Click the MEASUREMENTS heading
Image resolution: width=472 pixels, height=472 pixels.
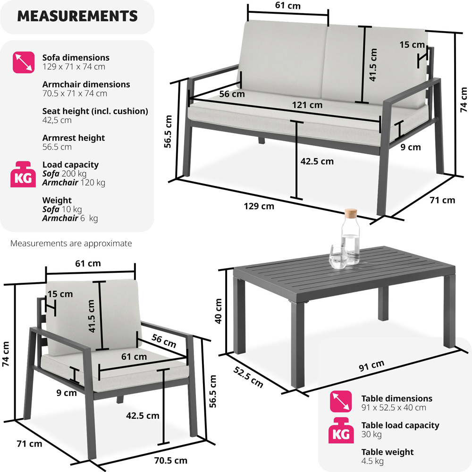point(77,16)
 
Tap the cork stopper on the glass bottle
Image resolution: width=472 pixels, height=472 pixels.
point(351,213)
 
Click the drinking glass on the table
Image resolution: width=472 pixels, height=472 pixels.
point(338,256)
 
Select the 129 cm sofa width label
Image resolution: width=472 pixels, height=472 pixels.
point(259,206)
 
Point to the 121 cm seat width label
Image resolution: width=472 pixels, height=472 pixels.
point(307,105)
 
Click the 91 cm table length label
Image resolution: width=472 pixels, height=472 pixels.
point(371,365)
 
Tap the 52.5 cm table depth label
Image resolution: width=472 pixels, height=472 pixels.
point(248,377)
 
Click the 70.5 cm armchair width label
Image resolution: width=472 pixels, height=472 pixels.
point(171,460)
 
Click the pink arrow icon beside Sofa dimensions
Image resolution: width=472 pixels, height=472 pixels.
point(24,62)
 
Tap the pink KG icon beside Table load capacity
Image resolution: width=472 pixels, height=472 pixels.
point(341,430)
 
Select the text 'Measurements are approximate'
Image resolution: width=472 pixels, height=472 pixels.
point(71,243)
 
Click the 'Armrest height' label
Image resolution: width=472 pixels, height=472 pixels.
point(74,138)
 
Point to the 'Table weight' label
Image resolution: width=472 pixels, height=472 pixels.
point(388,452)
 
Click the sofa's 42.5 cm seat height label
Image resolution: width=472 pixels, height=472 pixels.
point(317,161)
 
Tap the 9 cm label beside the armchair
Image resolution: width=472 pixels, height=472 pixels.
point(67,393)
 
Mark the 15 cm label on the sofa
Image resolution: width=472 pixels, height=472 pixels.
point(412,45)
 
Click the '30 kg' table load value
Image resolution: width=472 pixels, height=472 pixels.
point(371,434)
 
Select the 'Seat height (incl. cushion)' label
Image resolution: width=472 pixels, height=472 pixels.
point(95,111)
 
